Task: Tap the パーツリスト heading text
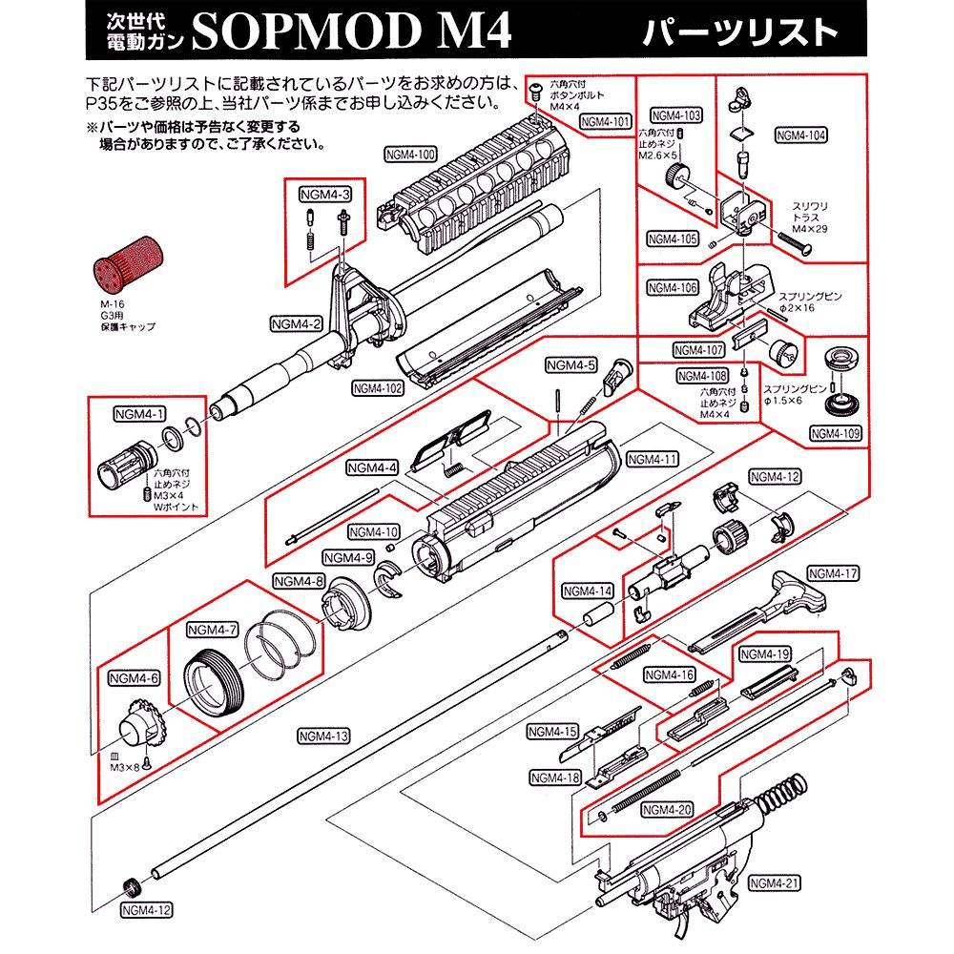pos(739,32)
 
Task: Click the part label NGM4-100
pos(411,154)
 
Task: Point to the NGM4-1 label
pos(139,414)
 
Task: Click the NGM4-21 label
pos(773,882)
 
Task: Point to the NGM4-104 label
pos(801,135)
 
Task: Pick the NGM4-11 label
pos(653,459)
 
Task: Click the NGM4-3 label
pos(324,195)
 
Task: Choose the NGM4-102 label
pos(377,388)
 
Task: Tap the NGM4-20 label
pos(667,810)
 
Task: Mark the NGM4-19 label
pos(764,654)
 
